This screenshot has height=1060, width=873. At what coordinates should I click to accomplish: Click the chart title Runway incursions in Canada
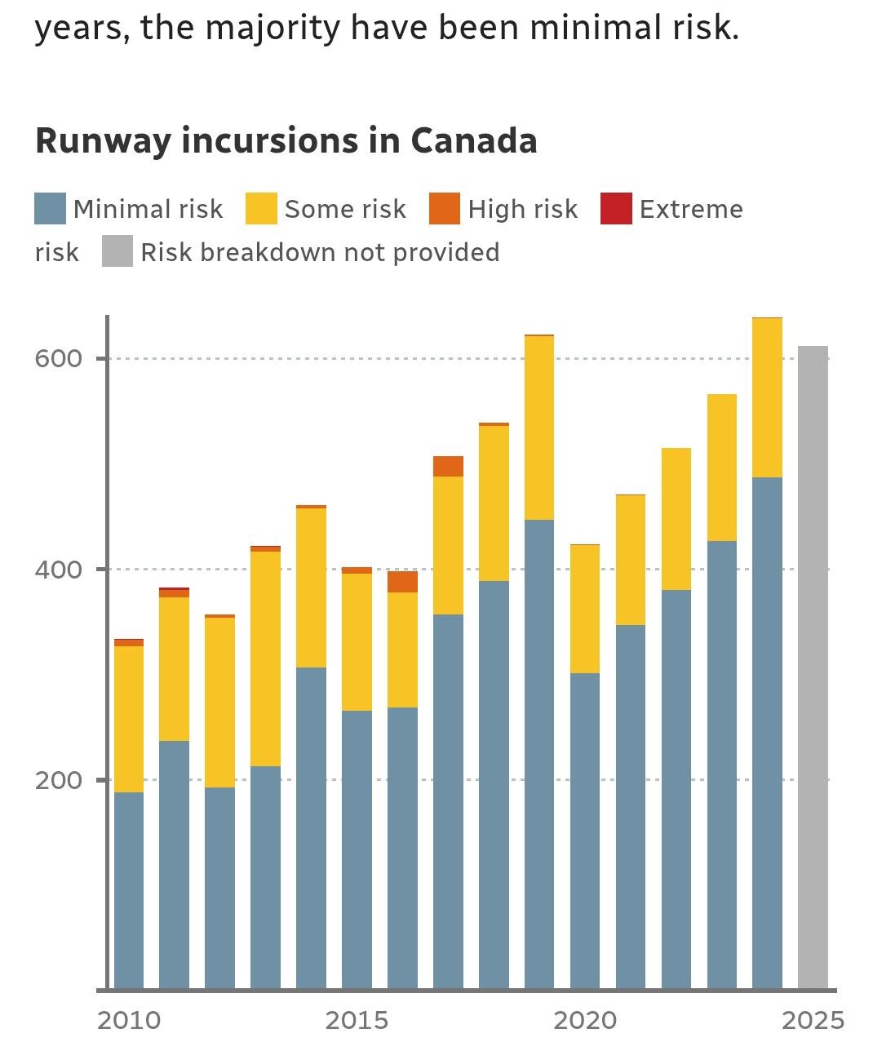tap(286, 140)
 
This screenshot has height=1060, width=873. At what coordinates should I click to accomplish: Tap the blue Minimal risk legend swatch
tap(50, 209)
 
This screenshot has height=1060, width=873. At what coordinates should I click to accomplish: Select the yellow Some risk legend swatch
tap(261, 209)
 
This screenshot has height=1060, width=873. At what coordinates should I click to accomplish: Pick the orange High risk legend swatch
tap(445, 209)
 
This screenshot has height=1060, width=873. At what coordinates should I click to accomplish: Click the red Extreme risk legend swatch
tap(616, 209)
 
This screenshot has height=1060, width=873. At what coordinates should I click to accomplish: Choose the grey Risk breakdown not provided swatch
tap(117, 251)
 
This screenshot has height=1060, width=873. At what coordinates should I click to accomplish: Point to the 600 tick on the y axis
tap(59, 358)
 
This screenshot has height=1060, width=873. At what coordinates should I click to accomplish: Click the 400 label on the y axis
tap(59, 569)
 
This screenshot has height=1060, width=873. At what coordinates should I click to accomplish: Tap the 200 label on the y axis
tap(59, 780)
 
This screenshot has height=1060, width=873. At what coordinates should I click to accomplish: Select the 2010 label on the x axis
tap(129, 1020)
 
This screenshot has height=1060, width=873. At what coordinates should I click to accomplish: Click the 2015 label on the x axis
tap(357, 1020)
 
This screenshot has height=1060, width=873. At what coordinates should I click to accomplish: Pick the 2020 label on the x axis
tap(585, 1020)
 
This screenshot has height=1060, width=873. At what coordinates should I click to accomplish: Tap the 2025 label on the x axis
tap(813, 1020)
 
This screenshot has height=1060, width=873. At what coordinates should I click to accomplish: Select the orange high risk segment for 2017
tap(448, 466)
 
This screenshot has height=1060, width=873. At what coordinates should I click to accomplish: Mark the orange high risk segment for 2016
tap(402, 582)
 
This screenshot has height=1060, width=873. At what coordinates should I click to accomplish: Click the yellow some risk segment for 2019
tap(539, 428)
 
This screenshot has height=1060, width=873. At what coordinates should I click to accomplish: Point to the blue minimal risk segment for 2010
tap(129, 890)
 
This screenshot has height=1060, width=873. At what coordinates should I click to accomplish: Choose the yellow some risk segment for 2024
tap(767, 397)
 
